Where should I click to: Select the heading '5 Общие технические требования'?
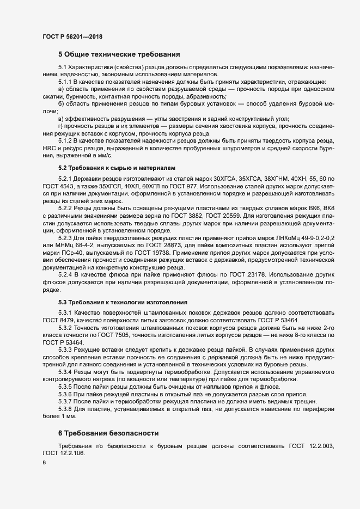point(119,54)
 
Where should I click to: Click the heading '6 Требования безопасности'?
point(108,433)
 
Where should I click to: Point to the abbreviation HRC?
point(50,148)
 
